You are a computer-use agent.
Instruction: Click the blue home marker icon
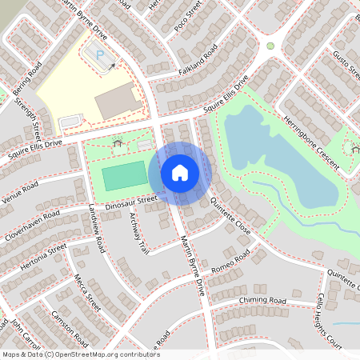tap(180, 172)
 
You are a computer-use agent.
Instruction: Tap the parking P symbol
tap(101, 54)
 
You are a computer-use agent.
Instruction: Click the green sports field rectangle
tap(124, 175)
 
